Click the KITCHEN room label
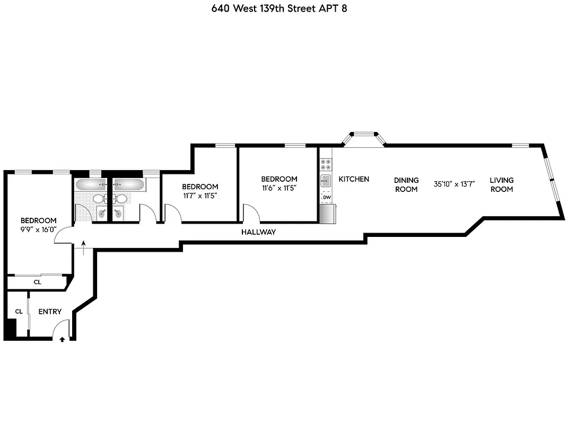coord(354,179)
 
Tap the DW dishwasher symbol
coord(327,198)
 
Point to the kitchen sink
coord(326,181)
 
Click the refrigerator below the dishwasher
coord(327,214)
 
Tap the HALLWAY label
coord(258,232)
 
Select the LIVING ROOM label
coord(501,184)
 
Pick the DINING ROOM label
coord(407,184)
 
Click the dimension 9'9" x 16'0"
coord(38,229)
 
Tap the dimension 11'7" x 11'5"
coord(200,196)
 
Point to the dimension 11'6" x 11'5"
coord(279,188)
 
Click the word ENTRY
coord(50,312)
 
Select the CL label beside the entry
coord(19,312)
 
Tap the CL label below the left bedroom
coord(37,282)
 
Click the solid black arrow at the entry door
coord(63,339)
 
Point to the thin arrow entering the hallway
coord(83,246)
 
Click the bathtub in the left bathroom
coord(91,185)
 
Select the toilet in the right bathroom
coord(122,199)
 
